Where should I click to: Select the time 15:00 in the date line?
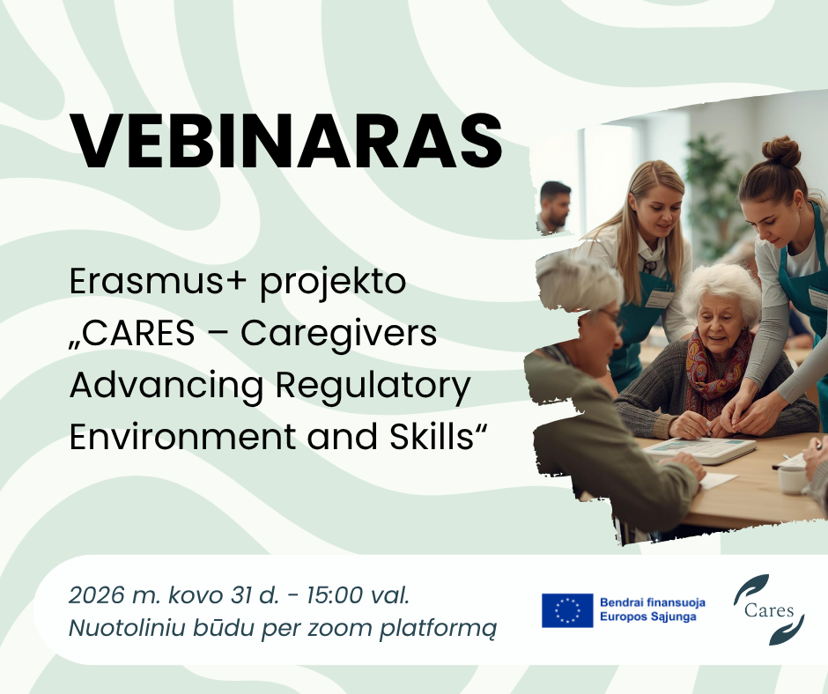click(x=335, y=595)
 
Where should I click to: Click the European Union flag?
click(x=567, y=610)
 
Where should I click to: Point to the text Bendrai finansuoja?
click(x=652, y=602)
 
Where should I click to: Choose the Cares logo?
click(x=768, y=609)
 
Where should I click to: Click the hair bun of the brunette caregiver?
click(x=781, y=151)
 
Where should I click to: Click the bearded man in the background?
click(x=555, y=207)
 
